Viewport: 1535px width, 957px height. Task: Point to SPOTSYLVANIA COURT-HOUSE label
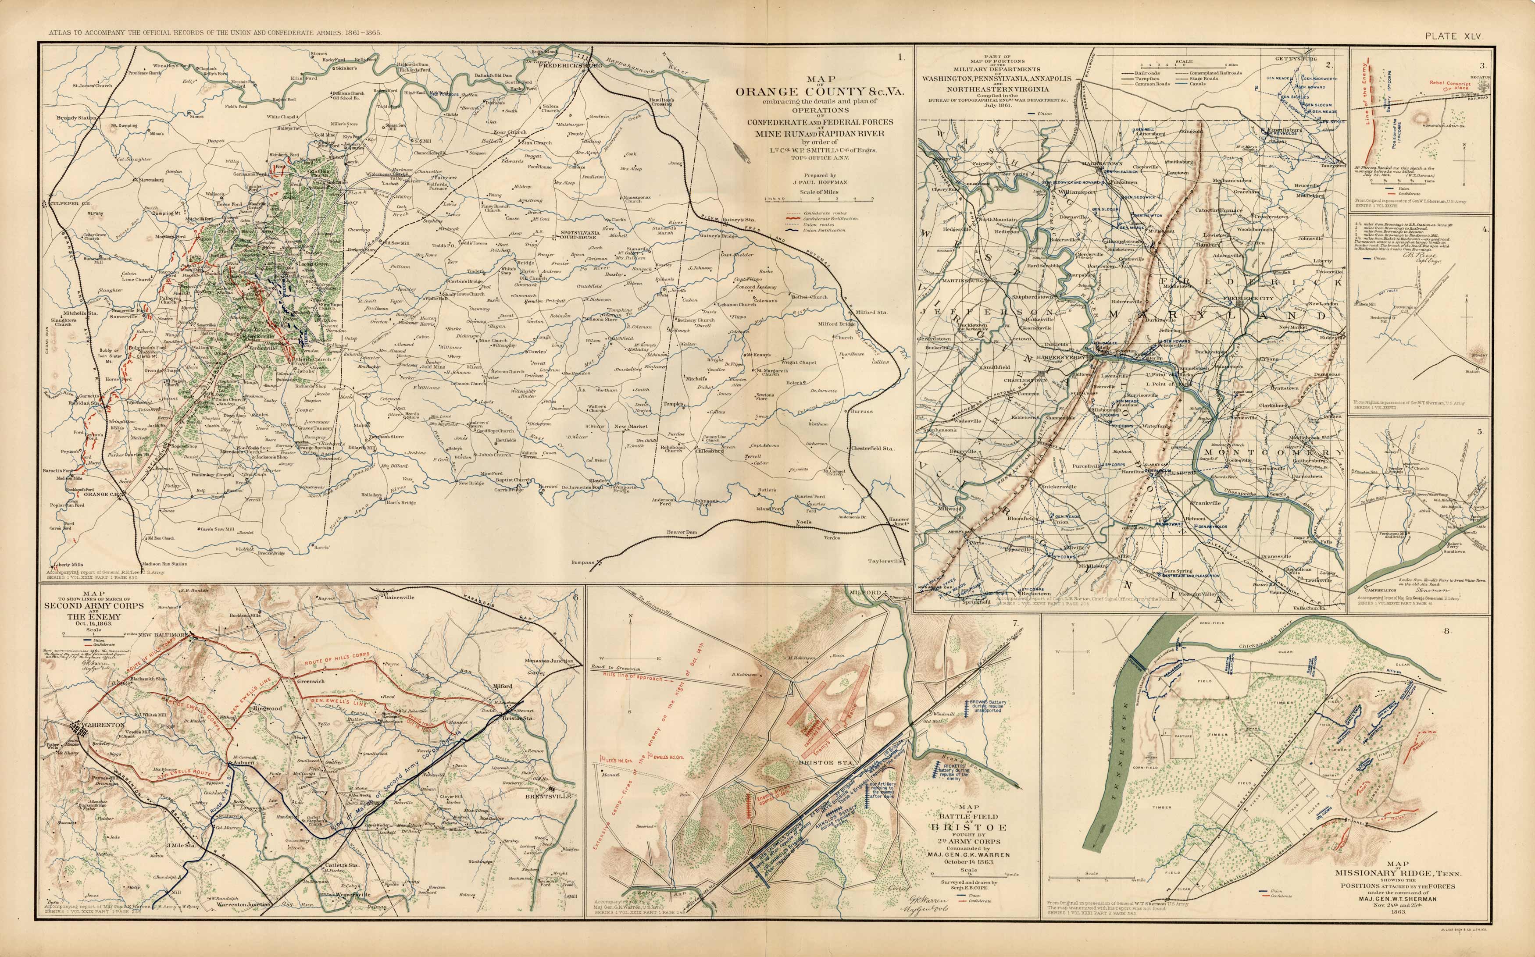[579, 235]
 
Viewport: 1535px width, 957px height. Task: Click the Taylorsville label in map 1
[886, 561]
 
